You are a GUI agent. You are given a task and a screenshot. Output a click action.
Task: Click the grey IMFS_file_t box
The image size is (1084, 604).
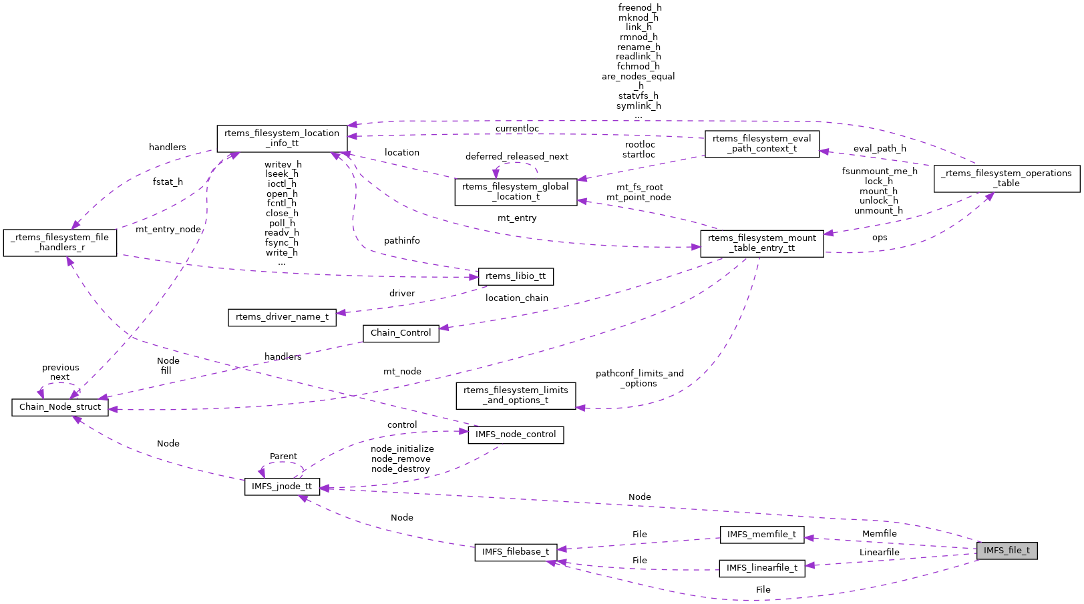click(1007, 551)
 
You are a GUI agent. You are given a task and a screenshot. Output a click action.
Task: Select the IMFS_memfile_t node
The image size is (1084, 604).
click(761, 535)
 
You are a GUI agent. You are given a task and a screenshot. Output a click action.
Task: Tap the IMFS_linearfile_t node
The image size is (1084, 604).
click(761, 568)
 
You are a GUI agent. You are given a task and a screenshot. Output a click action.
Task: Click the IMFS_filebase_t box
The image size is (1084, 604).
click(516, 552)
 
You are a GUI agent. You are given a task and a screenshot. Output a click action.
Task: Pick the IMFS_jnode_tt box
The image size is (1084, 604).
click(282, 487)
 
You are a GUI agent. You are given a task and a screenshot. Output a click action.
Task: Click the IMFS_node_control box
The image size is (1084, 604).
click(516, 434)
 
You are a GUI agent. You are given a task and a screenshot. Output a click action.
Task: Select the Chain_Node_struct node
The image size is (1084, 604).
click(60, 407)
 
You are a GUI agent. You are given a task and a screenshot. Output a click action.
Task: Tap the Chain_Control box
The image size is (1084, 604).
click(401, 333)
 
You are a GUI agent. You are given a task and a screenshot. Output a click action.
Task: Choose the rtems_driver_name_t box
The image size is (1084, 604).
click(282, 317)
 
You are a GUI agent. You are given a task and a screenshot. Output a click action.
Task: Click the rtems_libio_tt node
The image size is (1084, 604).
click(516, 276)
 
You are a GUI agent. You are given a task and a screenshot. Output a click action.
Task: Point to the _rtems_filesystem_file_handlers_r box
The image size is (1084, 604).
click(60, 242)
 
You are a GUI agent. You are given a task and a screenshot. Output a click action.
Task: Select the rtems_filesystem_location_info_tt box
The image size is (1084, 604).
click(282, 138)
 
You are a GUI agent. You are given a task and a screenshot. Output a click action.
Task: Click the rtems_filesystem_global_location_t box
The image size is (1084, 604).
click(516, 192)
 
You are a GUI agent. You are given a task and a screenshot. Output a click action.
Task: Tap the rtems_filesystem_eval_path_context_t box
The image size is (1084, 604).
click(761, 143)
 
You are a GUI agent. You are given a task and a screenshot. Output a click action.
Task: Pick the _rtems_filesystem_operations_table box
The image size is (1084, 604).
click(1007, 178)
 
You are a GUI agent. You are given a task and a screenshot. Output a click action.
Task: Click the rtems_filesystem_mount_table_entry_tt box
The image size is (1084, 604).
click(761, 243)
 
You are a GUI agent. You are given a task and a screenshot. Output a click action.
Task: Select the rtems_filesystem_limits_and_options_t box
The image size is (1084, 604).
click(516, 395)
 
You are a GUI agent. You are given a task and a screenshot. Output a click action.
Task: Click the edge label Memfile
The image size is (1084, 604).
click(879, 534)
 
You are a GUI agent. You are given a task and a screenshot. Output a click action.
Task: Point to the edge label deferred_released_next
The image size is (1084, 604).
click(516, 157)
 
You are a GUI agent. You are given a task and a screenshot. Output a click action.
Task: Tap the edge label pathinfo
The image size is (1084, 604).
click(401, 241)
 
